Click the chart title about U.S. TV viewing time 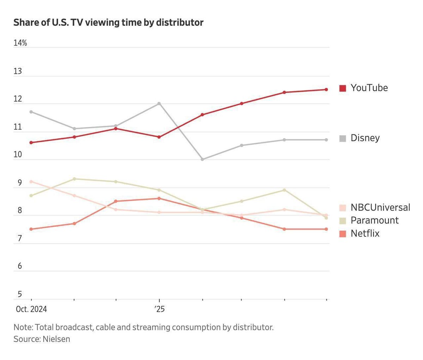tap(108, 23)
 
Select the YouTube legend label tap(369, 88)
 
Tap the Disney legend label tap(365, 138)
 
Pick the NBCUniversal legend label tap(380, 207)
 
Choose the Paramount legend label tap(374, 220)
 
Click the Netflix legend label tap(365, 233)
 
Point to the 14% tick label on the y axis tap(20, 43)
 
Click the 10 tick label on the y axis tap(18, 154)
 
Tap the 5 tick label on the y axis tap(20, 294)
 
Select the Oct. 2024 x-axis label tap(31, 309)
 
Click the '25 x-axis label tap(159, 309)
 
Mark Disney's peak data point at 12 tap(159, 103)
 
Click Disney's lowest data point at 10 tap(202, 159)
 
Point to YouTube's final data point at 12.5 tap(326, 90)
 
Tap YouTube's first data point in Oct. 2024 tap(31, 142)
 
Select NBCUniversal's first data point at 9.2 tap(31, 182)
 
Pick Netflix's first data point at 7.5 tap(31, 229)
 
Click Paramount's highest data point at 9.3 tap(74, 179)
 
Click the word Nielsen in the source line tap(56, 339)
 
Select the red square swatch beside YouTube tap(343, 88)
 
